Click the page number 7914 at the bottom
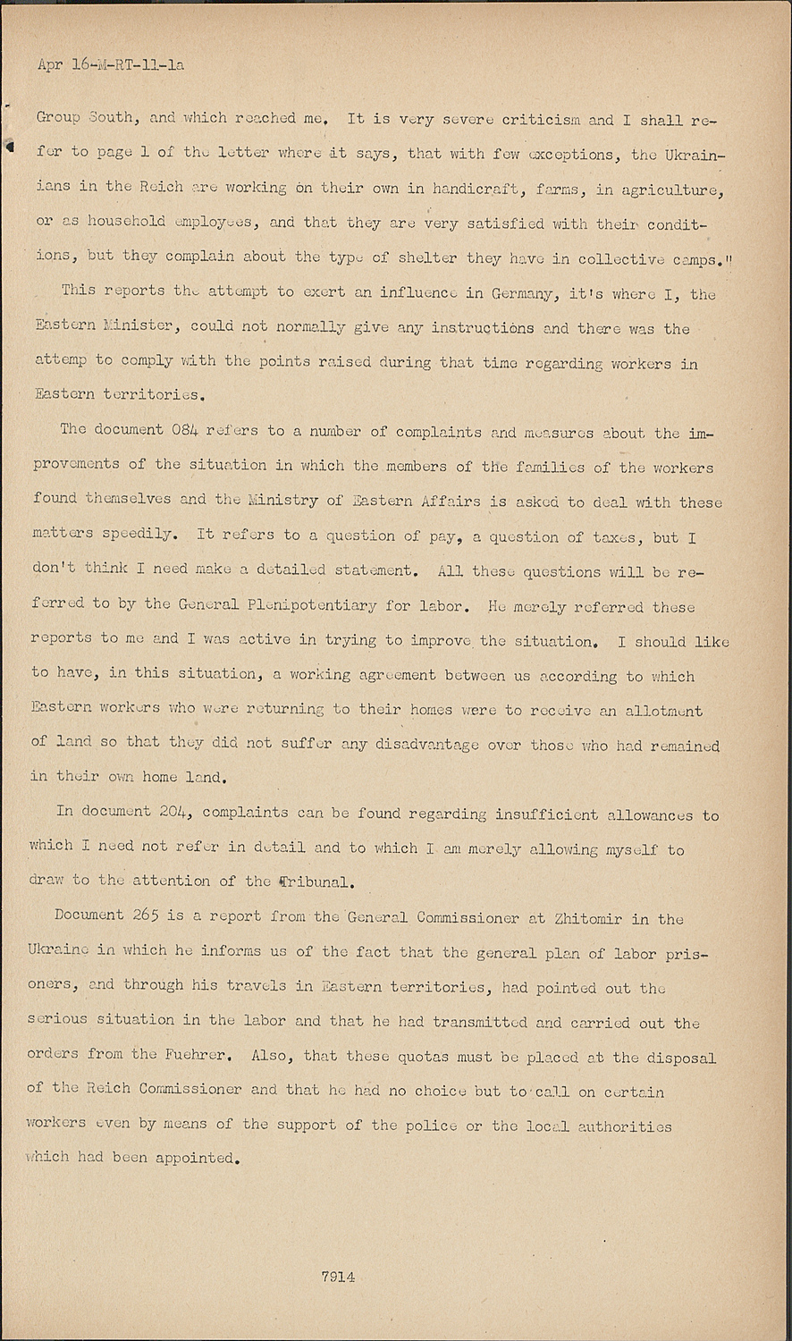coord(338,1277)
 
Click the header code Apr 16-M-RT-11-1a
coord(112,64)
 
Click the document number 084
coord(180,430)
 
